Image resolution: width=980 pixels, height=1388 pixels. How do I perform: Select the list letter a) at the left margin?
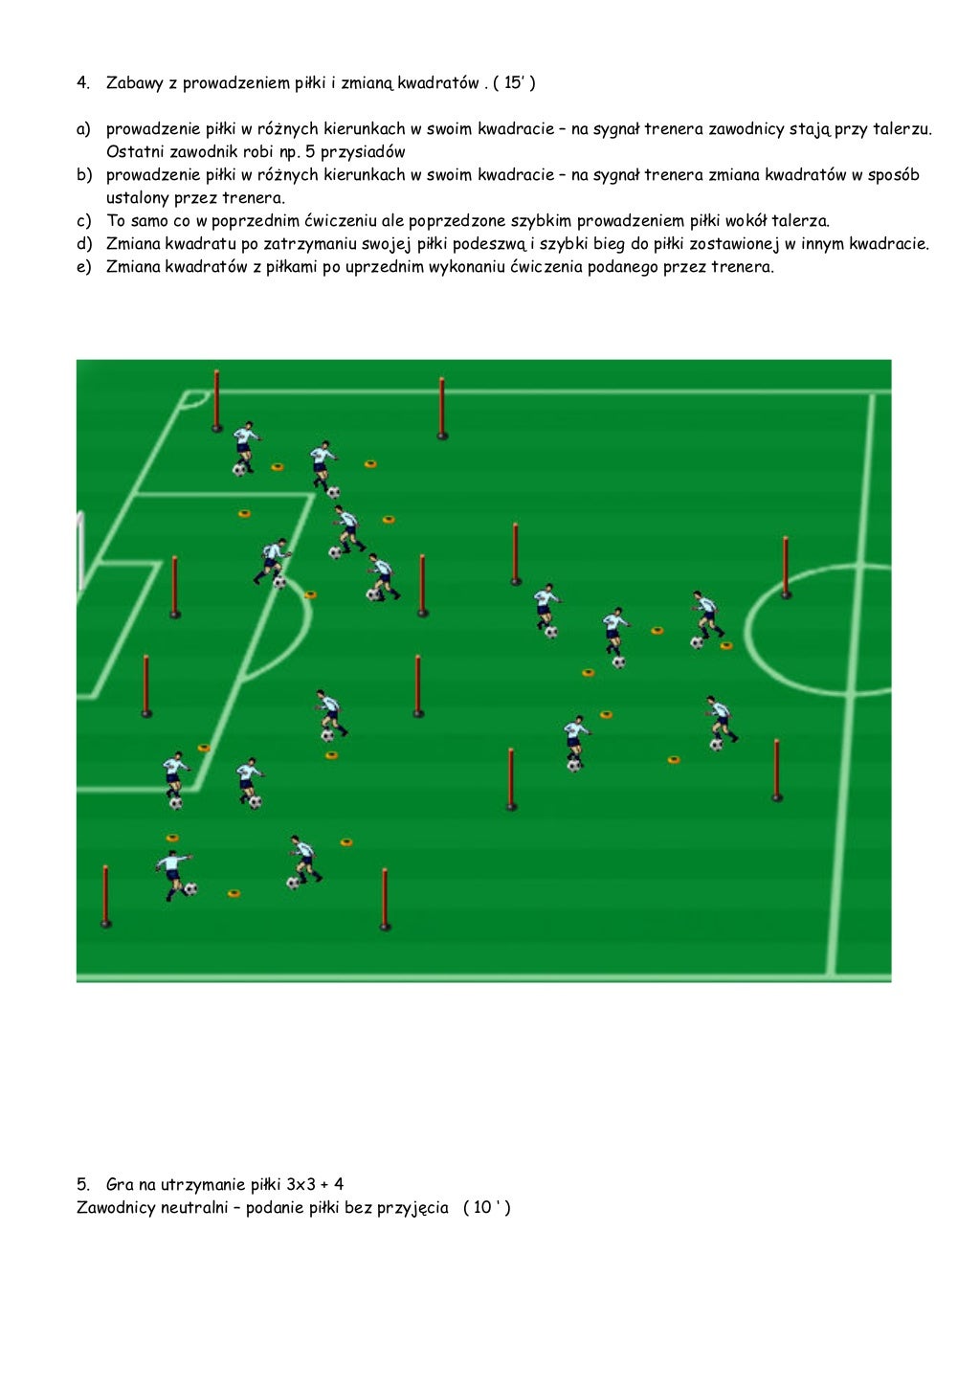point(83,129)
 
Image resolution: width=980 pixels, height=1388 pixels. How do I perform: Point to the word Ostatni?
point(135,152)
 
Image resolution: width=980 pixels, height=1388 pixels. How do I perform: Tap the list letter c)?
point(83,221)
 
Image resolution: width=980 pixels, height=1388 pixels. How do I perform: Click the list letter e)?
point(83,267)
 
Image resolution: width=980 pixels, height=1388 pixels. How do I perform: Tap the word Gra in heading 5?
point(120,1184)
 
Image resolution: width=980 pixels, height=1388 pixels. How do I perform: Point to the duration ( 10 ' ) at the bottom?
point(486,1208)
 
